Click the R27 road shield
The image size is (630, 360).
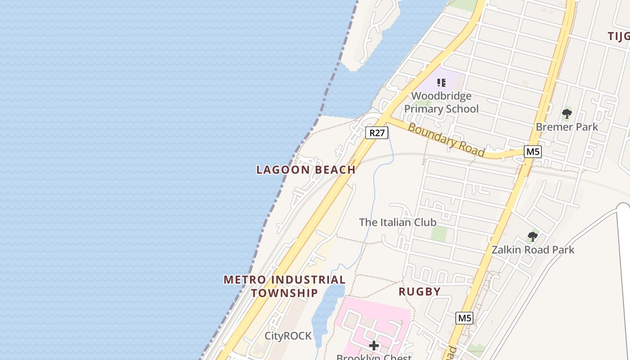377,133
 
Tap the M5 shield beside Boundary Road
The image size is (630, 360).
532,152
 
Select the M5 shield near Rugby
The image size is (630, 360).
464,318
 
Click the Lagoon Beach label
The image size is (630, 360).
306,170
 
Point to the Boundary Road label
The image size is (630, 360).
446,140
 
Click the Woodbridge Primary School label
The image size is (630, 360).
441,103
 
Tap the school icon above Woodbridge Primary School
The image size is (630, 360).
441,83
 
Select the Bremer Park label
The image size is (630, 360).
567,127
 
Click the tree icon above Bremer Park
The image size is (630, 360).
567,114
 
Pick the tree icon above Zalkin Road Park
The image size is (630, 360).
533,237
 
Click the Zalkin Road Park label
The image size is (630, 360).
533,250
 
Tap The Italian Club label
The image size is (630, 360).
398,222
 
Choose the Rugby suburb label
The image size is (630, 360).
419,292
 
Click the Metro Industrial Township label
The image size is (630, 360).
284,286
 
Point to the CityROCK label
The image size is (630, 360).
288,336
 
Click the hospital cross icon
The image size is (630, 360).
374,346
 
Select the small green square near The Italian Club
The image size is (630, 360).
439,233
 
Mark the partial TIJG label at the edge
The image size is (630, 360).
619,36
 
